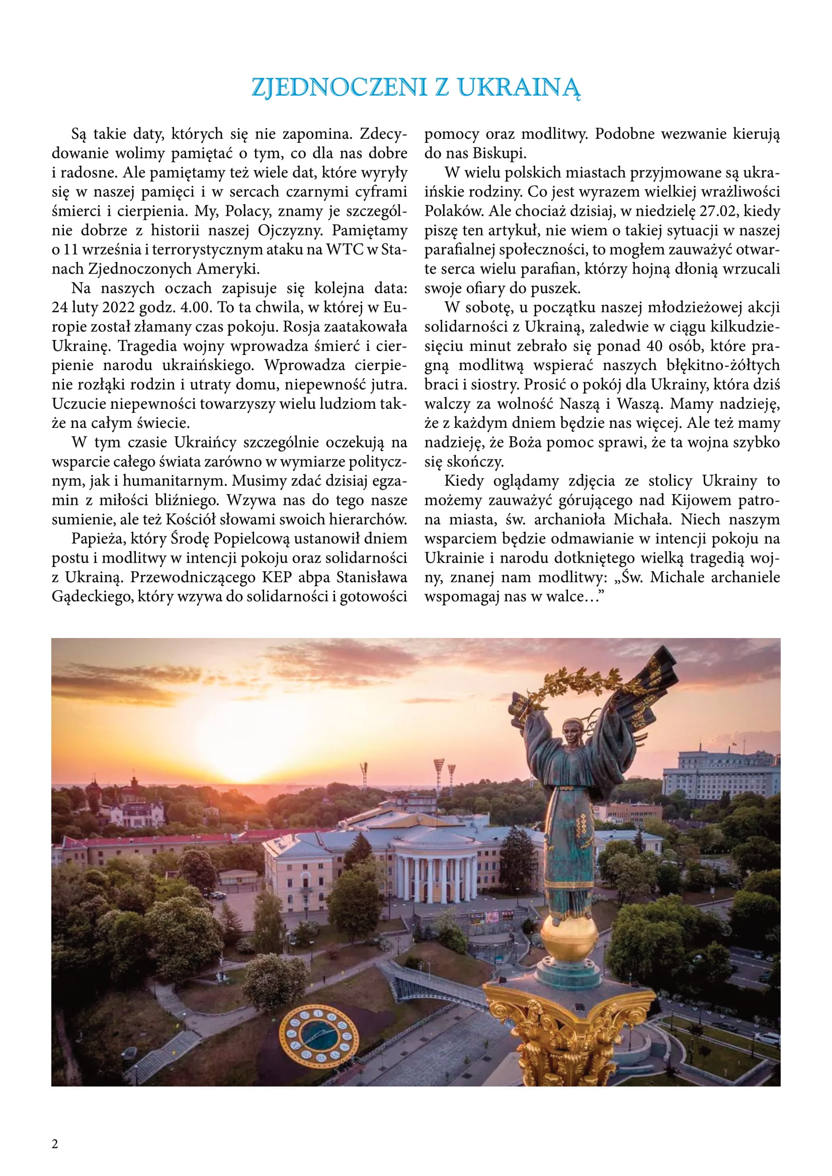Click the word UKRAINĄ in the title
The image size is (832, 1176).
click(x=520, y=88)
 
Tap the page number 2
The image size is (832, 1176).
click(x=55, y=1144)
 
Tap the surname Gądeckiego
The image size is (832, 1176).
click(x=92, y=597)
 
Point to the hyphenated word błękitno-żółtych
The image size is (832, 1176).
click(x=721, y=365)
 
